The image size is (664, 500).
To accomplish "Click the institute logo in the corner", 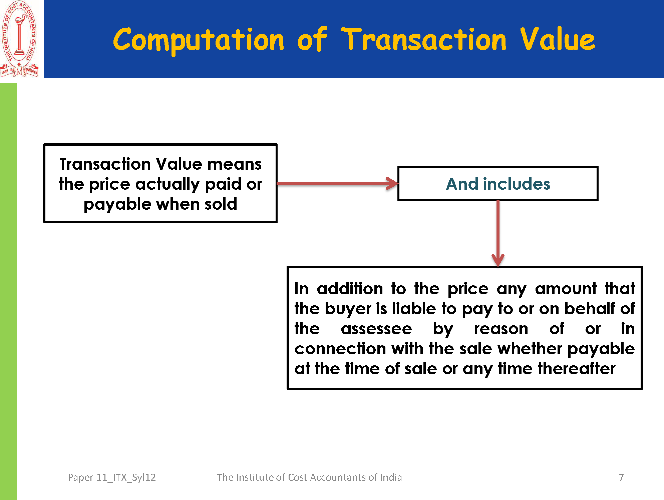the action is [19, 39].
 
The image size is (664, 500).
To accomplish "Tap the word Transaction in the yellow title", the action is [424, 39].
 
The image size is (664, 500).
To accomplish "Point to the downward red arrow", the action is [498, 233].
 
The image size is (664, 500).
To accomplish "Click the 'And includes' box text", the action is [498, 184].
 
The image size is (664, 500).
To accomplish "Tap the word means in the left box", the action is [235, 164].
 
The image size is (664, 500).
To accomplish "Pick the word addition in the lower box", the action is [350, 289].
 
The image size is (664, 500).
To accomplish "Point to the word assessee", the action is [376, 329].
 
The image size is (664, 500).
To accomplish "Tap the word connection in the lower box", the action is [340, 349].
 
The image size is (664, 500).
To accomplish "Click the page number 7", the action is [621, 477].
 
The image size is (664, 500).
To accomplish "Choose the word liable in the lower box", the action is [414, 309].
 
